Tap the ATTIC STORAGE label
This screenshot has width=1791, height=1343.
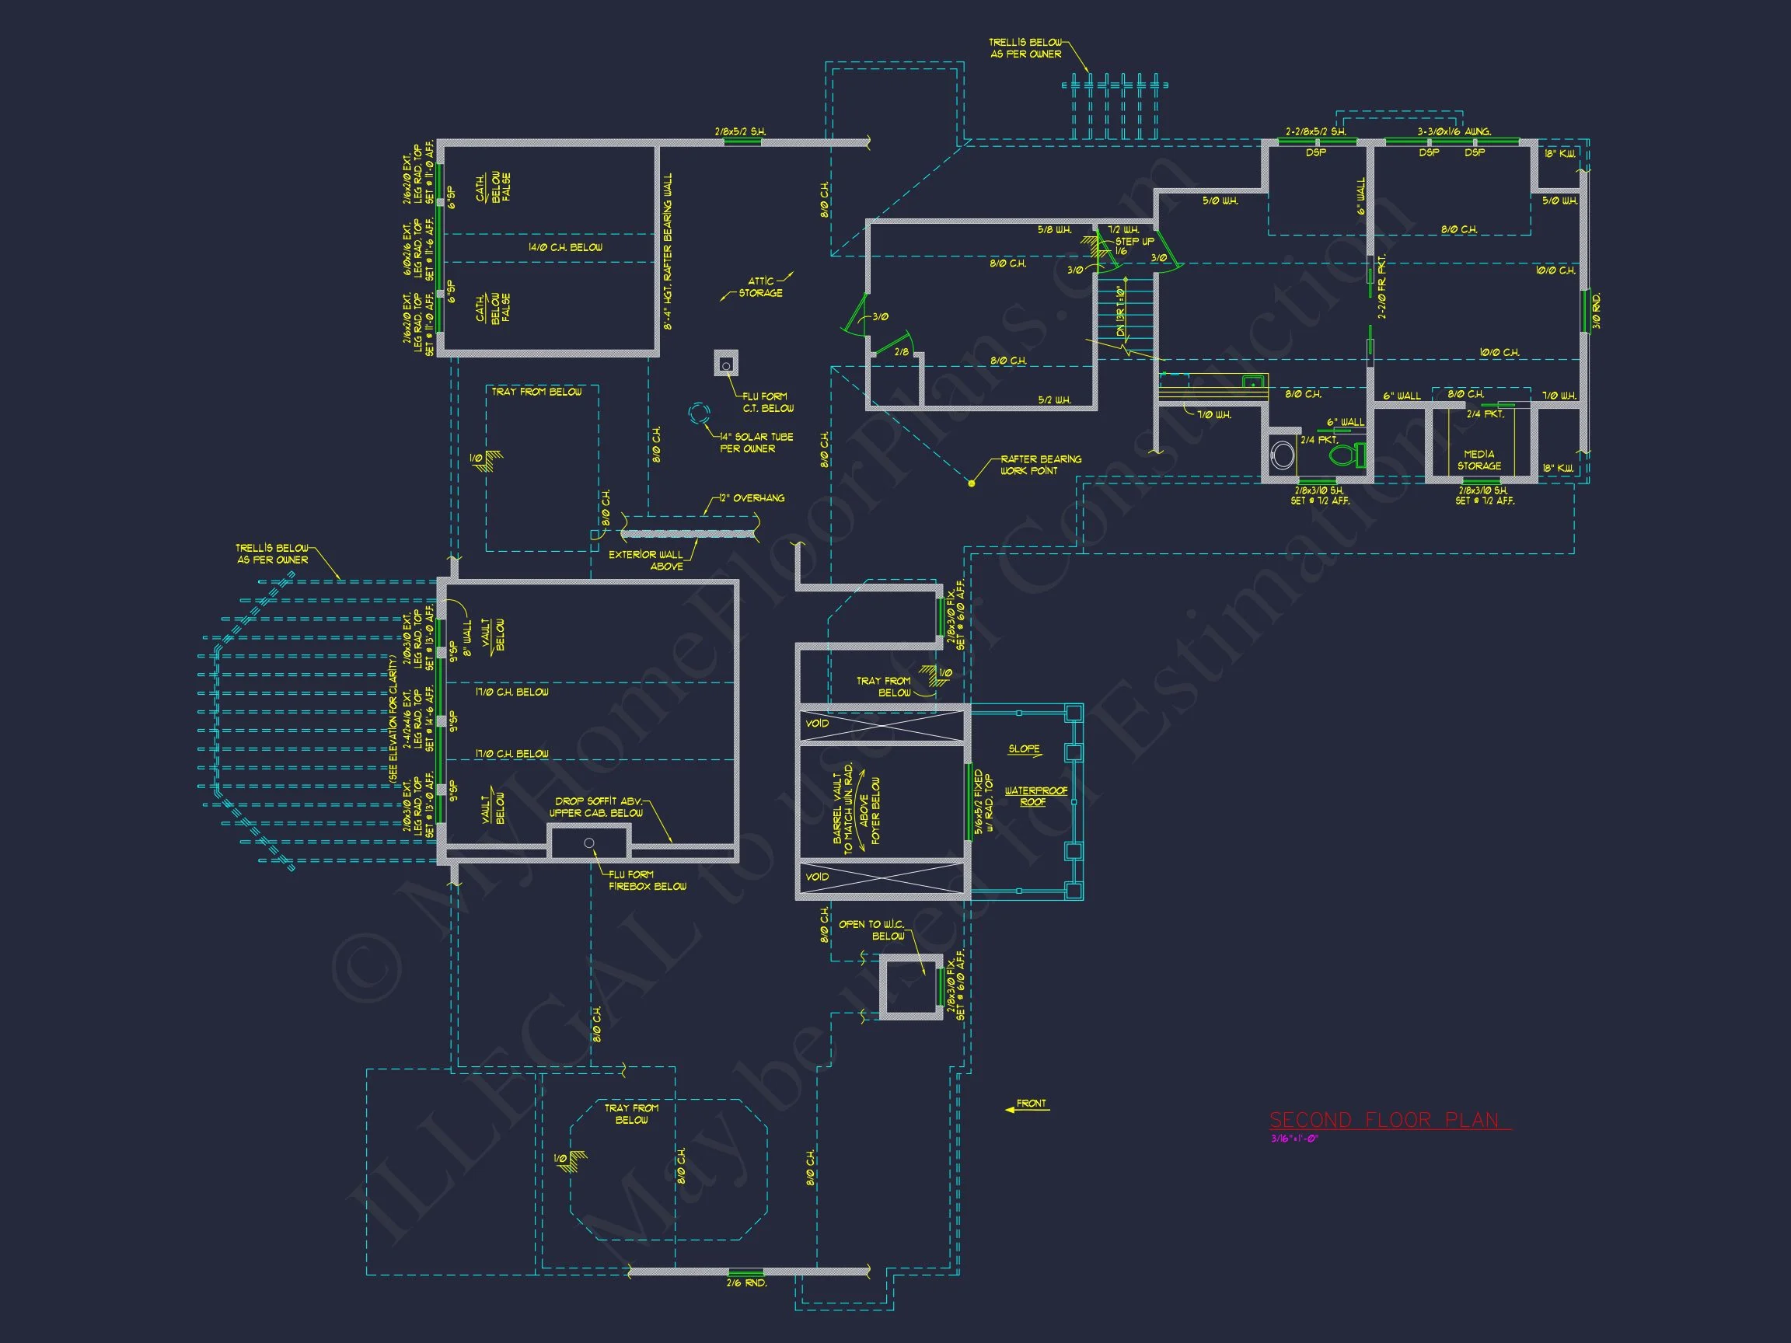pos(760,287)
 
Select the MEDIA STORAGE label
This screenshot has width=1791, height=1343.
pos(1479,460)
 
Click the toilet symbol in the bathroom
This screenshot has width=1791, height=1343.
pos(1346,454)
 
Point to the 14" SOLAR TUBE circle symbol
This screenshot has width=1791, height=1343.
pos(699,413)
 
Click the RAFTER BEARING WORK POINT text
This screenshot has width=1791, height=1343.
pos(1039,465)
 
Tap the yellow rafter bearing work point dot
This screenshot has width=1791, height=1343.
pos(972,483)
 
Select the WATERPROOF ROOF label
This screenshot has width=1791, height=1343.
pos(1035,796)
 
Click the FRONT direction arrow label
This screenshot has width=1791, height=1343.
pos(1031,1104)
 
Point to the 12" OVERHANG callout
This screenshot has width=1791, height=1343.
pos(752,498)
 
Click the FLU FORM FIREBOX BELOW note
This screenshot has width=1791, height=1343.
pos(646,880)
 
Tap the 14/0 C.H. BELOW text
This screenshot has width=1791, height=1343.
pos(565,247)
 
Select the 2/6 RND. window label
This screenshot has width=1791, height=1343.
pos(745,1282)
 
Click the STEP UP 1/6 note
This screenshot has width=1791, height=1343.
pos(1134,246)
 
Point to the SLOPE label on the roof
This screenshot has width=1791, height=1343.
pos(1025,748)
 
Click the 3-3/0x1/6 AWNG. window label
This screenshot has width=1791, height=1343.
pos(1454,131)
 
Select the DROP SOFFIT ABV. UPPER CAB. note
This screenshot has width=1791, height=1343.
pos(597,806)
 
